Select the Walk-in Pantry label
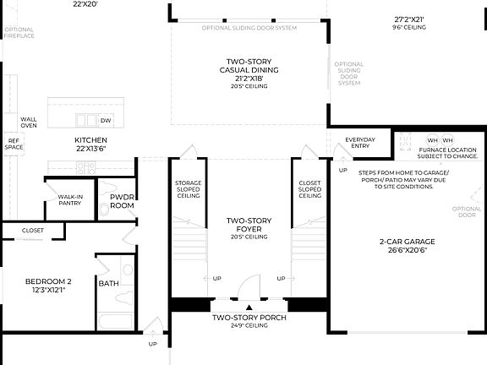[70, 199]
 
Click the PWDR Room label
[123, 200]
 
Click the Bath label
[108, 283]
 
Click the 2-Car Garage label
[408, 245]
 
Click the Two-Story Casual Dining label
[247, 73]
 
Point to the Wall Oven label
[29, 123]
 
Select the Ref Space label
[14, 144]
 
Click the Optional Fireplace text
[19, 33]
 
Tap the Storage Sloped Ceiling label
[188, 189]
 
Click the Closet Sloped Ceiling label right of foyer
[310, 189]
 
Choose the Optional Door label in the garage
[467, 211]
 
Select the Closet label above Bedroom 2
[33, 229]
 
